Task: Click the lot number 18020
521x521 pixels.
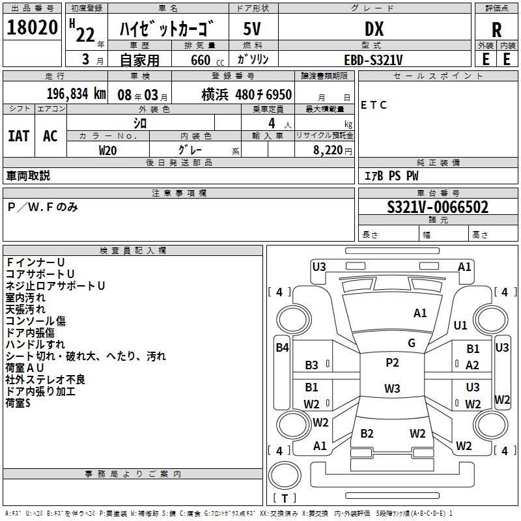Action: [32, 29]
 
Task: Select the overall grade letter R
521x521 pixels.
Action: [496, 29]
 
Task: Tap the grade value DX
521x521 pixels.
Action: [374, 29]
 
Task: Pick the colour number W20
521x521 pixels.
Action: [108, 150]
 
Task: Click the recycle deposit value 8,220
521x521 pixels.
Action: [328, 150]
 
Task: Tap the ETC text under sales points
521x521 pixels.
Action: [374, 105]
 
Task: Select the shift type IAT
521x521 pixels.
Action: [19, 135]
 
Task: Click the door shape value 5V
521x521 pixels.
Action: [253, 29]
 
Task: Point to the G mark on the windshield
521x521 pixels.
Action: [412, 343]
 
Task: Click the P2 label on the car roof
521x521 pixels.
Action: [392, 363]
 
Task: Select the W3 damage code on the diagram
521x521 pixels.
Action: [392, 389]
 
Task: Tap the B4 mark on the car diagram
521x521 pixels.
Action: [282, 348]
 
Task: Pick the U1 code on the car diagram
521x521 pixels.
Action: [460, 325]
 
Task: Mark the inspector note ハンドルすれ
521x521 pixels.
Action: [35, 345]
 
